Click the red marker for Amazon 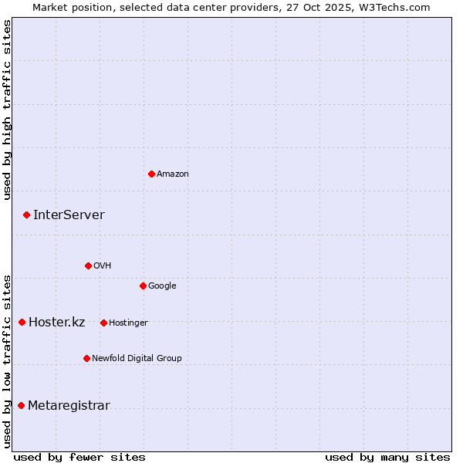pos(151,174)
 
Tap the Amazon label pos(173,174)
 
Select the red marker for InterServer pos(26,215)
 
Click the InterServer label pos(69,215)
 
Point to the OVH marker pos(88,265)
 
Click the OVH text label pos(102,266)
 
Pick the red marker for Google pos(143,286)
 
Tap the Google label pos(162,286)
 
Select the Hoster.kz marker pos(22,322)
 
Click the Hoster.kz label pos(56,323)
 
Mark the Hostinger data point pos(103,323)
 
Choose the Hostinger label pos(128,323)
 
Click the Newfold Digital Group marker pos(86,358)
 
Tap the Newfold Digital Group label pos(137,359)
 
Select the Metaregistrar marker pos(21,405)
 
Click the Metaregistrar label pos(69,406)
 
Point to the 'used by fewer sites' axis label pos(79,457)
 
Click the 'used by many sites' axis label pos(387,457)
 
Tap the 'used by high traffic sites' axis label pos(8,110)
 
